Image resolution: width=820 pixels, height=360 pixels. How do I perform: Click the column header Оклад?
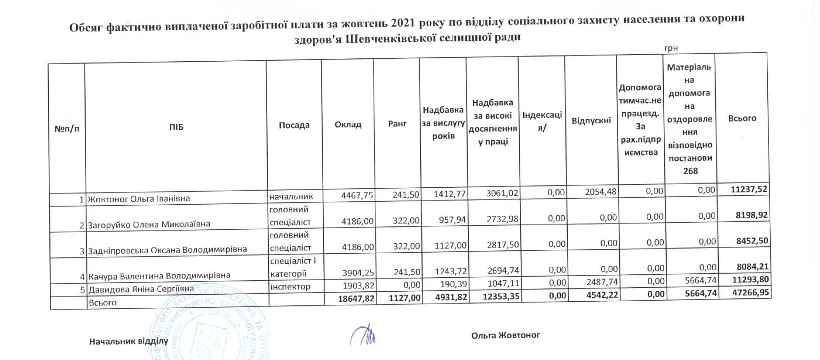pos(348,125)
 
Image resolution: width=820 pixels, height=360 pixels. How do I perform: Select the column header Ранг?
pos(397,123)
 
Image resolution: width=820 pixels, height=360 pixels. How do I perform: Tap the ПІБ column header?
pos(176,127)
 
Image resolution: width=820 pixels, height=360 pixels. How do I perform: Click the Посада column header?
pos(294,125)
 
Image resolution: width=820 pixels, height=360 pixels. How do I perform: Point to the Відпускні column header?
pos(591,121)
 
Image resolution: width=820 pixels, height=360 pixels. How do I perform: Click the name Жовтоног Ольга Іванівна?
pos(139,199)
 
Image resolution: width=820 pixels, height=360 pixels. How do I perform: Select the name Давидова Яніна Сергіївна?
pos(141,288)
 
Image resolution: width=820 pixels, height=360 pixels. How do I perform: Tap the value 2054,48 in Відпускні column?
pos(600,192)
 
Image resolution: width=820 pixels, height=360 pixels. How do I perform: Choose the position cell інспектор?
pos(290,286)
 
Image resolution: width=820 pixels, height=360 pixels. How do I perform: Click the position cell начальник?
pos(291,196)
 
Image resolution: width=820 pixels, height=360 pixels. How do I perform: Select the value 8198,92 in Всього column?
pos(751,215)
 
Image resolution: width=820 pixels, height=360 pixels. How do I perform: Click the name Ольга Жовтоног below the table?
pos(505,335)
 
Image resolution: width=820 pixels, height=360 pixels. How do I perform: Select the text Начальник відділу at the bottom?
pos(128,341)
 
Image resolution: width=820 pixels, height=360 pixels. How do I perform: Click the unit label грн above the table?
pos(671,48)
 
